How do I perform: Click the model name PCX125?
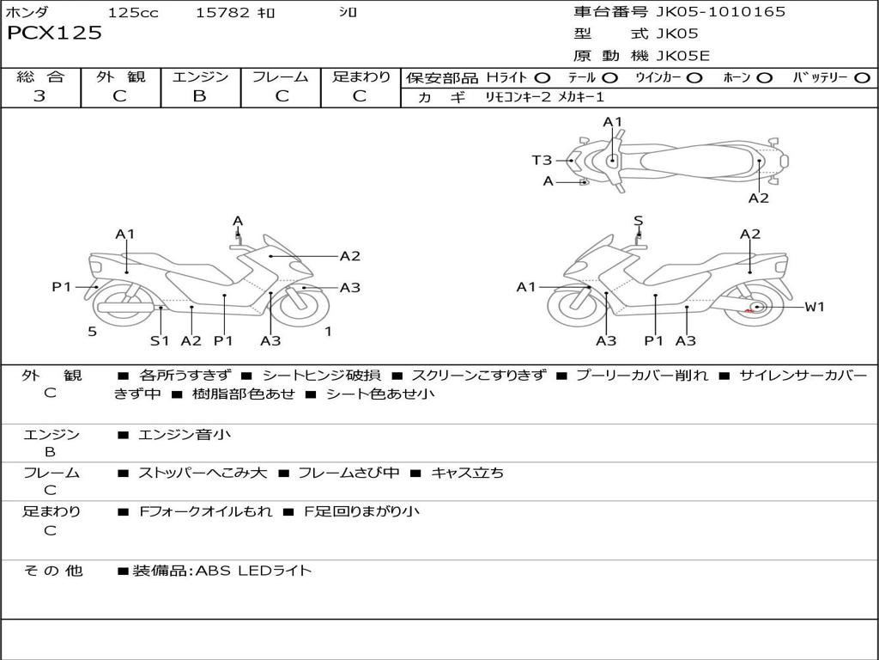pos(54,34)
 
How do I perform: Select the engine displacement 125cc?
pos(133,13)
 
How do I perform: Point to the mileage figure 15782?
pos(222,13)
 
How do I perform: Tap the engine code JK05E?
pos(683,57)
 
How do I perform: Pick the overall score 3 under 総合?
pos(39,96)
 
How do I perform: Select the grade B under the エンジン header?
pos(199,96)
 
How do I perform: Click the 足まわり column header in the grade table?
pos(361,77)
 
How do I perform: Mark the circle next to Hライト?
pos(543,78)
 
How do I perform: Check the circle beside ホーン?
pos(764,78)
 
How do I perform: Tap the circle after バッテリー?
pos(862,78)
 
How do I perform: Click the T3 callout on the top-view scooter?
pos(542,160)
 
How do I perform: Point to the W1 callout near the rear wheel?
pos(814,306)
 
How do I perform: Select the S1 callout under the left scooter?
pos(160,340)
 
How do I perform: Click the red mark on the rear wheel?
pos(749,312)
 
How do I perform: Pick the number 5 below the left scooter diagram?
pos(92,331)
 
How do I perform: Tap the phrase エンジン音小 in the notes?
pos(185,435)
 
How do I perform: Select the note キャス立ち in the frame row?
pos(467,473)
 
